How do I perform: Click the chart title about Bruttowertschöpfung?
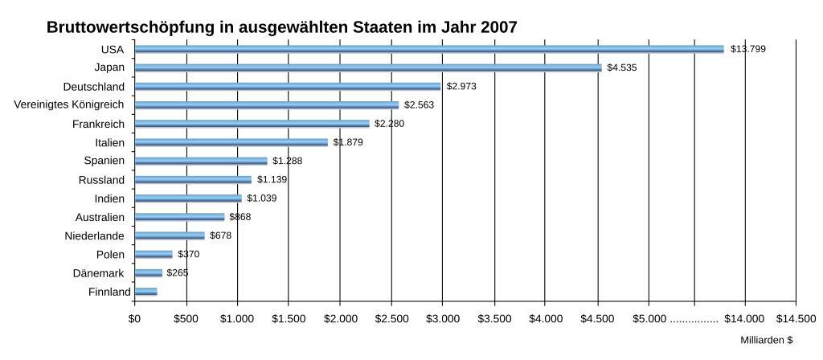click(x=281, y=27)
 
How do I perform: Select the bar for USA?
click(x=428, y=49)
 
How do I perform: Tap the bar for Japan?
click(x=367, y=67)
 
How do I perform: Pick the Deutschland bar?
click(x=287, y=86)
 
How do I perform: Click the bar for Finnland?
click(x=145, y=292)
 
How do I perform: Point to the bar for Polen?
click(x=153, y=254)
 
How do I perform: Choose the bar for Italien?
click(x=231, y=142)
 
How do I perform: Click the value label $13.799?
click(x=747, y=49)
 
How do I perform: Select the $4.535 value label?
click(x=621, y=67)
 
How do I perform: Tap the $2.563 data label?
click(x=419, y=104)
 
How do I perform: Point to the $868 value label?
click(x=240, y=217)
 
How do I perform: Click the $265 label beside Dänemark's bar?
click(x=177, y=272)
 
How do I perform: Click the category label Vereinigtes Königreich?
click(x=69, y=104)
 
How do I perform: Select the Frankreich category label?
click(x=98, y=124)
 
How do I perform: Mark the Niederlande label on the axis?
click(x=94, y=235)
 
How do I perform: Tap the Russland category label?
click(x=101, y=180)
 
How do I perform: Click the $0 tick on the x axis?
click(x=134, y=319)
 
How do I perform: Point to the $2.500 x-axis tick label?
click(x=391, y=319)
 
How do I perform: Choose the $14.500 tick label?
click(x=795, y=319)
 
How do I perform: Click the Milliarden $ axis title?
click(x=766, y=340)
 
